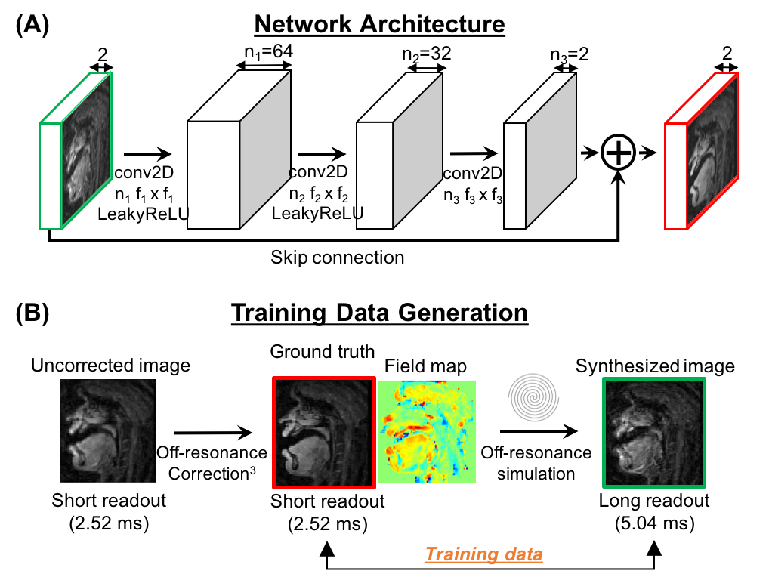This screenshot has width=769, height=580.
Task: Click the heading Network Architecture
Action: coord(379,24)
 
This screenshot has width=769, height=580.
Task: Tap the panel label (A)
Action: coord(32,24)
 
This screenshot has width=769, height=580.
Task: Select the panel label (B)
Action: coord(32,313)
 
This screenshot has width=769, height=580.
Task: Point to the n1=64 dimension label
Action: coord(264,53)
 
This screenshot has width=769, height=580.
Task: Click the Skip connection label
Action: coord(337,258)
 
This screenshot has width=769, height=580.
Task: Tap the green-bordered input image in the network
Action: coord(85,150)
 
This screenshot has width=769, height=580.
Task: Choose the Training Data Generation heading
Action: coord(378,313)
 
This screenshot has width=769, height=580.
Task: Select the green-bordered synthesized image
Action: coord(654,432)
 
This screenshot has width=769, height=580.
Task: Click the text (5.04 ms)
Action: coord(654,521)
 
